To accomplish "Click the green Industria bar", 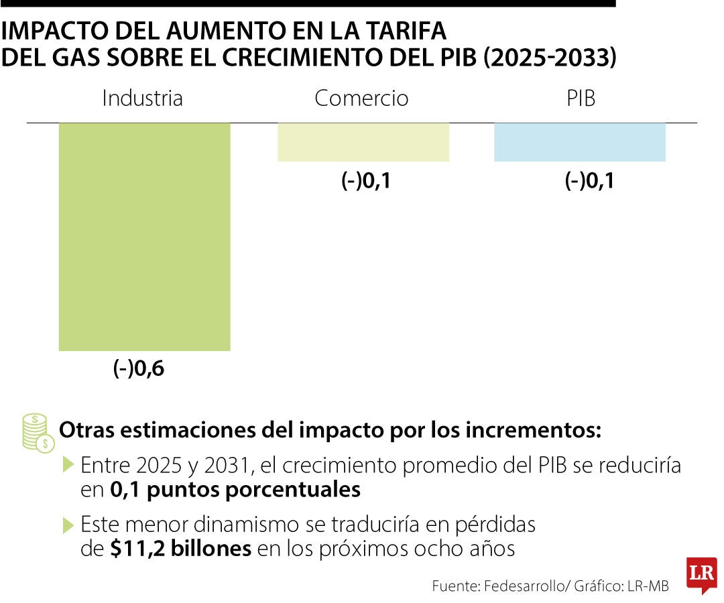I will [144, 236].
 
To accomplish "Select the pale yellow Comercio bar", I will [363, 142].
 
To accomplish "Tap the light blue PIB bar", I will [579, 142].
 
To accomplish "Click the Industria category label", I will [142, 98].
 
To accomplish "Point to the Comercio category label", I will [361, 98].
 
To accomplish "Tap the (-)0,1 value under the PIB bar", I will [589, 181].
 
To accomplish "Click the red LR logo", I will [701, 575].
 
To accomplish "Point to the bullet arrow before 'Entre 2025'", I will [68, 464].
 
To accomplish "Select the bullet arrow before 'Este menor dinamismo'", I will [68, 524].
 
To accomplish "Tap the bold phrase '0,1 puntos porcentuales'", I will [235, 490].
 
